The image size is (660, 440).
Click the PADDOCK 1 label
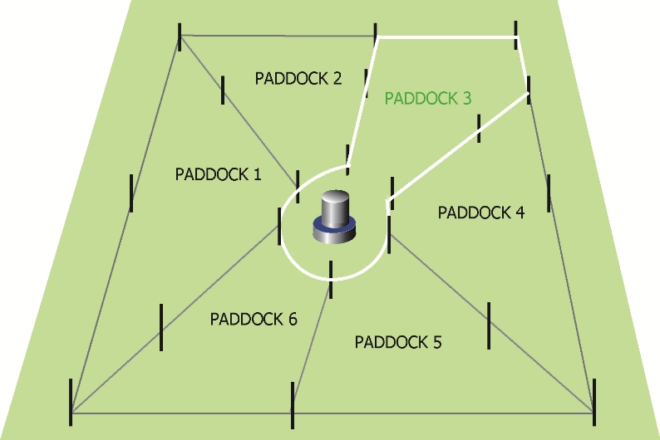coord(218,174)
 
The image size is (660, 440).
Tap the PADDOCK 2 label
coord(298,78)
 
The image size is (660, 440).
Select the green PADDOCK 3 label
coord(427,98)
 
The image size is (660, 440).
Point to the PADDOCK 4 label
coord(481,213)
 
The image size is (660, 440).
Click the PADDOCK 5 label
coord(398,342)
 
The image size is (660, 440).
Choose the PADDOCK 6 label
coord(254,319)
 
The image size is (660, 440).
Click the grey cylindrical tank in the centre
coord(335,217)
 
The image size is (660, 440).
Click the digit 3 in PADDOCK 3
coord(467,98)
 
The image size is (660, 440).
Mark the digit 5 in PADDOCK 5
coord(437,342)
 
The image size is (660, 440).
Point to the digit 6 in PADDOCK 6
coord(293,319)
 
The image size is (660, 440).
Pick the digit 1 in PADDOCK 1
coord(258,174)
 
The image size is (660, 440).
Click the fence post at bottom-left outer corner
coord(71,402)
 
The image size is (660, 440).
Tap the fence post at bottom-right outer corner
coord(594,402)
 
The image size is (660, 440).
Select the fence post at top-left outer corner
coord(180,37)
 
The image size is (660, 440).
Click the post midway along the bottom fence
coord(293,405)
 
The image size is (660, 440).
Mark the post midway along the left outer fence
coord(131,193)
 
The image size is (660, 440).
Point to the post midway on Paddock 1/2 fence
coord(223,90)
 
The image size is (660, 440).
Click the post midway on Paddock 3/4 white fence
coord(479,128)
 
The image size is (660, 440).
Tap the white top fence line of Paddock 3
coord(447,37)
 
